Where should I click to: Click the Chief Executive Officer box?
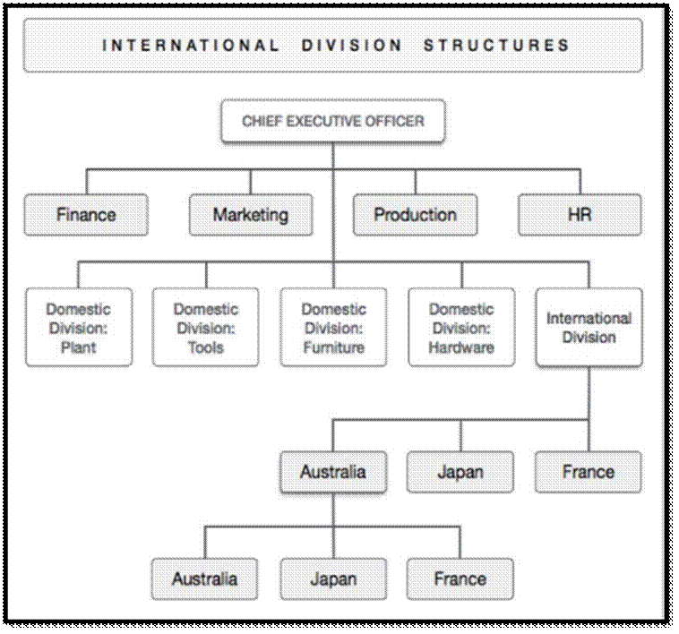[x=333, y=121]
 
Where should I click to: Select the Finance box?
[x=86, y=215]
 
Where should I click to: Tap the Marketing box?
[x=251, y=215]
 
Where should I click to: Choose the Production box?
[x=416, y=215]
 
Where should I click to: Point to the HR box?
[x=580, y=215]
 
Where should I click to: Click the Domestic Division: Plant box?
[x=79, y=328]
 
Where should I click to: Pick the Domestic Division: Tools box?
[x=206, y=328]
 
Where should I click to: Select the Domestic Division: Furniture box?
[x=333, y=328]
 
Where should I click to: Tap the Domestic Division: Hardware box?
[x=461, y=328]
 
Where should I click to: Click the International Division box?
[x=589, y=328]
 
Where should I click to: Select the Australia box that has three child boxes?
[x=333, y=472]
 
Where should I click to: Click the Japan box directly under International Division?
[x=460, y=472]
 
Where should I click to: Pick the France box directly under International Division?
[x=588, y=472]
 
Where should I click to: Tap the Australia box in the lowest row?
[x=205, y=579]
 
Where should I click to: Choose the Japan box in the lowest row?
[x=333, y=579]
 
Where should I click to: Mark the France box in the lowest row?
[x=460, y=579]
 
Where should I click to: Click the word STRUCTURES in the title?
[x=496, y=46]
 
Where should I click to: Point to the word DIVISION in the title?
[x=352, y=46]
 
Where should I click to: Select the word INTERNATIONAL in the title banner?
[x=191, y=46]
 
